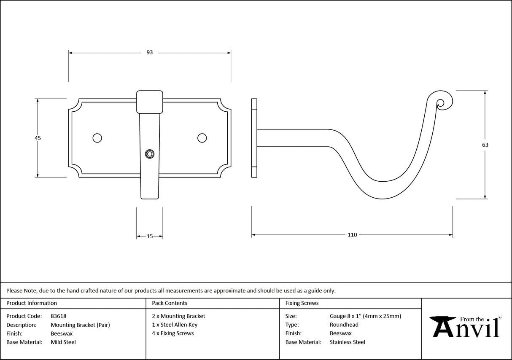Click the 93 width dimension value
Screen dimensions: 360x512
(x=149, y=53)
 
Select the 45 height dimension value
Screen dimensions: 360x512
(x=38, y=138)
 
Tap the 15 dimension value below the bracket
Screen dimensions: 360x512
(x=150, y=236)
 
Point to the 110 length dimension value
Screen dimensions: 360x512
(x=352, y=235)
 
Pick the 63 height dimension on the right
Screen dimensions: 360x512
(x=485, y=145)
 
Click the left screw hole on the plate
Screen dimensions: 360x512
(x=97, y=138)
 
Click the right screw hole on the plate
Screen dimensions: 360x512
(x=202, y=138)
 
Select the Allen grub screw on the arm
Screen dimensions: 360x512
(x=149, y=154)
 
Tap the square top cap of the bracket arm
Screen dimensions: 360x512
(x=150, y=102)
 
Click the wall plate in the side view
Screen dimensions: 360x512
(x=254, y=138)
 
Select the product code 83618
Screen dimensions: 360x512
(x=58, y=316)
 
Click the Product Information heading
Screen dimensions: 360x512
(x=32, y=303)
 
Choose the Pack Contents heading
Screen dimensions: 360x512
(x=170, y=303)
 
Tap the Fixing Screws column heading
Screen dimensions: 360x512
(x=302, y=303)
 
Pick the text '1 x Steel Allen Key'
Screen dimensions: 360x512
(x=175, y=325)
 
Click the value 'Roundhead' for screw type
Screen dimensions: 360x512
(x=344, y=325)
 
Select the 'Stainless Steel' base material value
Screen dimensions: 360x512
(x=347, y=342)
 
